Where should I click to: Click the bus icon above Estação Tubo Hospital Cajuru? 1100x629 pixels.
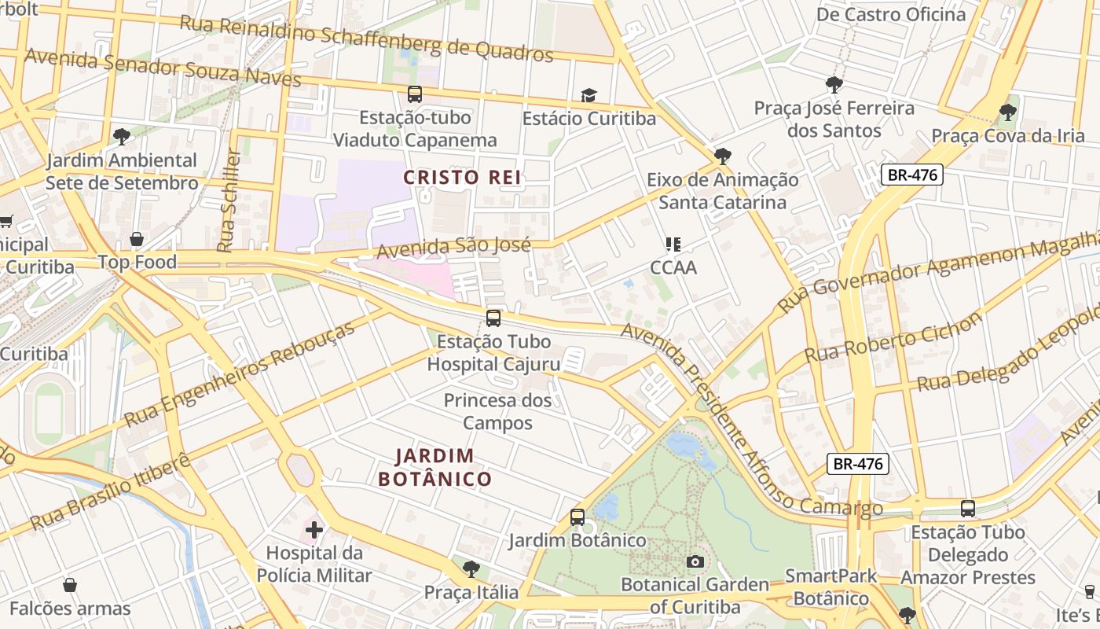[493, 318]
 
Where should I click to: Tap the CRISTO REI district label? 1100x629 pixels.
[462, 177]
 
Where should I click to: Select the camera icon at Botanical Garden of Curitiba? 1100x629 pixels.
[695, 561]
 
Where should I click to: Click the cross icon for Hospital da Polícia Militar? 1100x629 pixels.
[314, 530]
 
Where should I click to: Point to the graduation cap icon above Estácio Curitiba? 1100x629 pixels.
[588, 96]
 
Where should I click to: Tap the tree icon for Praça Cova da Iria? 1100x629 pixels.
[1007, 112]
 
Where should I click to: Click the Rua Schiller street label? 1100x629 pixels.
[228, 200]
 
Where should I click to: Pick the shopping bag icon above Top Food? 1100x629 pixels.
[137, 239]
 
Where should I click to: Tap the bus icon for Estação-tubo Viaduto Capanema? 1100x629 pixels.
[414, 94]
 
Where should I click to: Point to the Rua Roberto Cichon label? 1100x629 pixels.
[893, 338]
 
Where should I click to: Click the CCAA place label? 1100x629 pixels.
[673, 267]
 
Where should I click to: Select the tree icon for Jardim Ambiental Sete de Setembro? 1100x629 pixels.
[121, 137]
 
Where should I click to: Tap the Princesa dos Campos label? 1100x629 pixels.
[498, 411]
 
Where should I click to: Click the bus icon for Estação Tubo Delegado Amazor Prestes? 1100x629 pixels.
[967, 509]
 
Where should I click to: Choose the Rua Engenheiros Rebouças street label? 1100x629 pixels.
[240, 374]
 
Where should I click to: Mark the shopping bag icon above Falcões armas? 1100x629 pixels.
[70, 585]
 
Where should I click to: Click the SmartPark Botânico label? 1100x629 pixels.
[830, 587]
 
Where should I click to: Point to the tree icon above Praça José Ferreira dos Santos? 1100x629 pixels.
[834, 85]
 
